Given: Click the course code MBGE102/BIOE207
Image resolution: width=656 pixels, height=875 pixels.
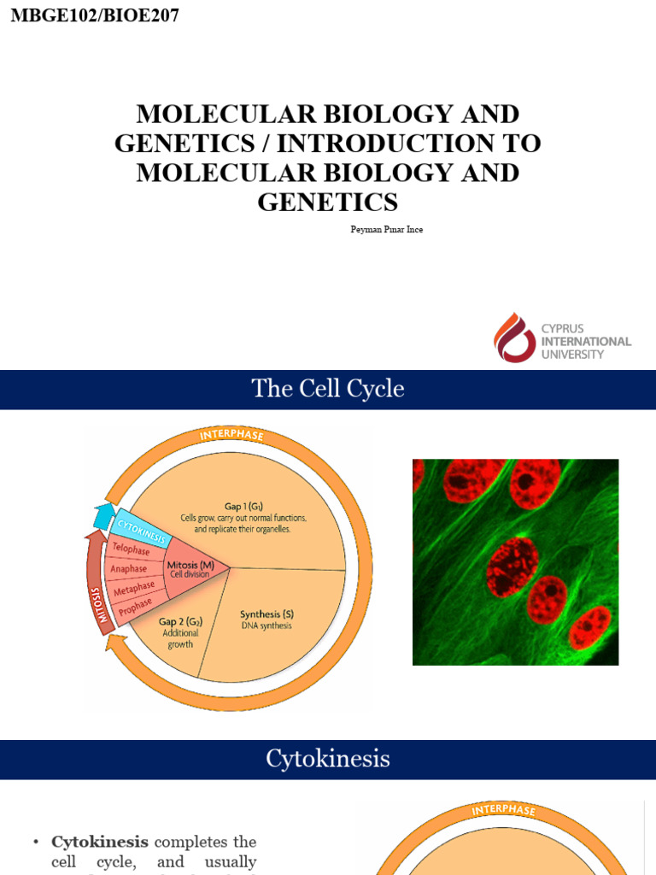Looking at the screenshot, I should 95,15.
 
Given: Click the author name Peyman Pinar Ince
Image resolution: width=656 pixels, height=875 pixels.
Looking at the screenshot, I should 387,230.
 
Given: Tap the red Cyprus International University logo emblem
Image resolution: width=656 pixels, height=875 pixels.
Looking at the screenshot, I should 514,337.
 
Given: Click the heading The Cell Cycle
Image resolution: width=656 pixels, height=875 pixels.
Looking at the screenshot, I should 328,390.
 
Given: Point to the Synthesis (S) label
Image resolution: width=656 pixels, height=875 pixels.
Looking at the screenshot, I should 266,614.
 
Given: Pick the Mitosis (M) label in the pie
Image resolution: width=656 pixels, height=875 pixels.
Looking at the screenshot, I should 190,565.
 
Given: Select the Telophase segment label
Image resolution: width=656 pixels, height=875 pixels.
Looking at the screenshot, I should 131,549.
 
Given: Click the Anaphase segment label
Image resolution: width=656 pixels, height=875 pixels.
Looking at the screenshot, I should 129,569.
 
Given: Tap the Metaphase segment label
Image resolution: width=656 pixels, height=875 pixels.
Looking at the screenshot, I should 135,590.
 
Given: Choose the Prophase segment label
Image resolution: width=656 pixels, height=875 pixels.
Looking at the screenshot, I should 136,608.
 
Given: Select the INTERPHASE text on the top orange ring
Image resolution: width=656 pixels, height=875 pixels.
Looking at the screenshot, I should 231,436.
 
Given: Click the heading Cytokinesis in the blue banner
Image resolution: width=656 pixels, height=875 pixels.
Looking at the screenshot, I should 328,759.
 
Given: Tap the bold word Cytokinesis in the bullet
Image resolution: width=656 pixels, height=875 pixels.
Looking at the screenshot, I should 100,842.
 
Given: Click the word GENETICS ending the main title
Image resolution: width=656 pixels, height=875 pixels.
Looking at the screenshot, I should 328,202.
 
